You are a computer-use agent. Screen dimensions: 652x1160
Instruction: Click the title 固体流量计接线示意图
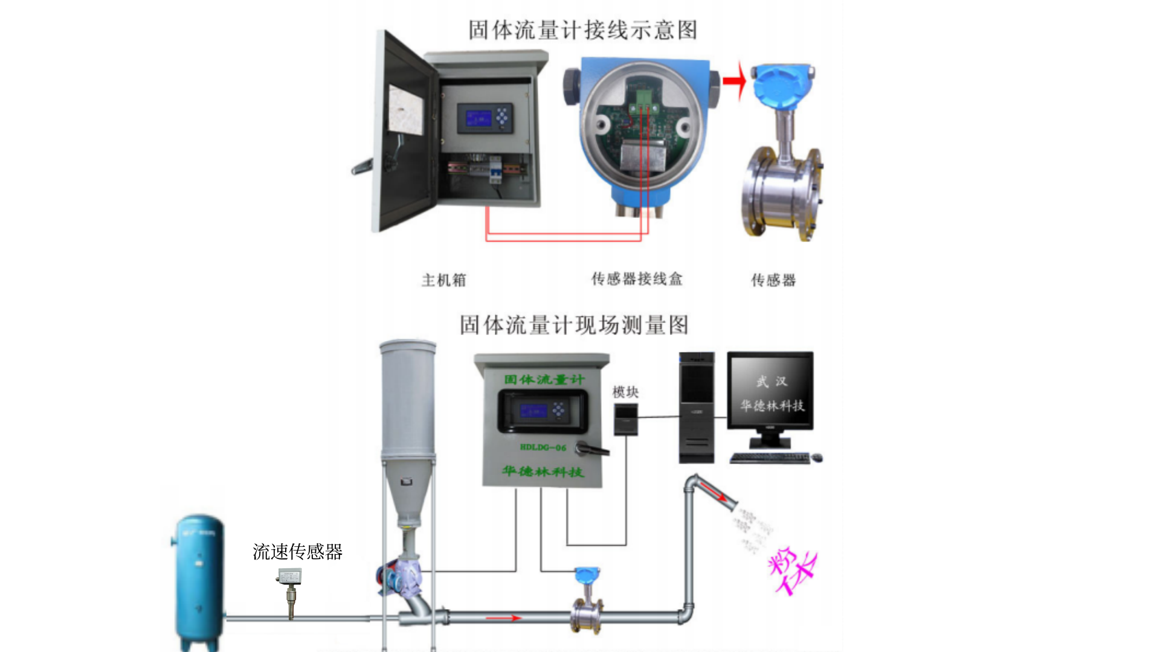pos(582,30)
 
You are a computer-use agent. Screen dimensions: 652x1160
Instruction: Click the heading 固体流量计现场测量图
pos(574,325)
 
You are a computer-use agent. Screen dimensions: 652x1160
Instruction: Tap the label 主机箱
pos(444,280)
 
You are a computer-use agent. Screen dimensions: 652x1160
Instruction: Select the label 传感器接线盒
pos(637,279)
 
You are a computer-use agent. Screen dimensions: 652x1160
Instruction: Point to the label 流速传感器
pos(297,552)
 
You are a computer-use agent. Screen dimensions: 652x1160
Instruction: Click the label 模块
pos(625,392)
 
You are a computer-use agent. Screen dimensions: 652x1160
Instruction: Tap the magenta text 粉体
pos(792,571)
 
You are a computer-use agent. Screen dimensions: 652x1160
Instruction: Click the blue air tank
pos(199,580)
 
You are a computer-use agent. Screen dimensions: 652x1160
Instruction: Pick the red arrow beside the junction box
pos(735,81)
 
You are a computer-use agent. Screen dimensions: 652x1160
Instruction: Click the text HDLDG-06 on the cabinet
pos(543,447)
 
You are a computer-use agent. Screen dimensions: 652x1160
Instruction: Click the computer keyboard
pos(770,458)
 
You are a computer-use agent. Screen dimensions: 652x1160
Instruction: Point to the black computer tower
pos(696,407)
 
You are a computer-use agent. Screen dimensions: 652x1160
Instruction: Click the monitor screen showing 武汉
pos(770,391)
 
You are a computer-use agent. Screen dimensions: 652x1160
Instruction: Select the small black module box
pos(626,419)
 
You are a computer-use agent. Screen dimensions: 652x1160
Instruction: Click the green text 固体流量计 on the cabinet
pos(544,380)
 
